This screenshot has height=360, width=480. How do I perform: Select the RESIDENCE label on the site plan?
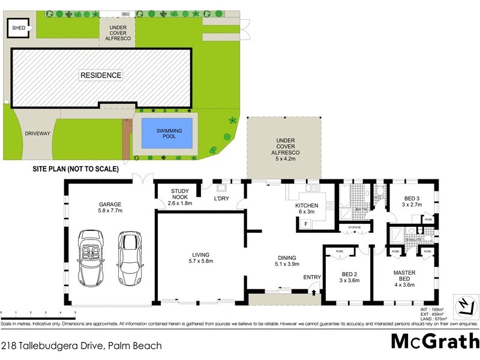coord(101,76)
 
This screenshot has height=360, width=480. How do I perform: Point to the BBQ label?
coord(125,13)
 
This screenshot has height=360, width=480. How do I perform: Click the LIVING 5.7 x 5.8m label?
coord(201,257)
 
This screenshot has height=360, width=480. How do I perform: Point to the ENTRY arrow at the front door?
coord(313,292)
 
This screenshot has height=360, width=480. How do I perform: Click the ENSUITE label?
coord(413,239)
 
